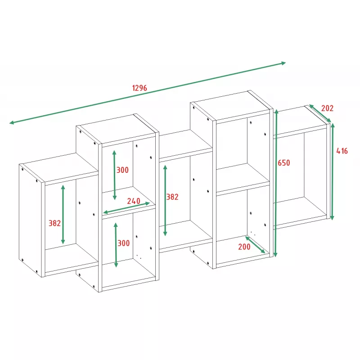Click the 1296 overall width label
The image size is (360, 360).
click(x=139, y=88)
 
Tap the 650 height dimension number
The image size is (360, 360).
click(x=284, y=163)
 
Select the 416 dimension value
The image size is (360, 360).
click(x=342, y=151)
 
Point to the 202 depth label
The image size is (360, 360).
click(x=327, y=108)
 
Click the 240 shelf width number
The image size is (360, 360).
click(x=134, y=201)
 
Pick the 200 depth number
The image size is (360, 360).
click(x=244, y=247)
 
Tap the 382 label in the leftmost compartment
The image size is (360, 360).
click(x=54, y=223)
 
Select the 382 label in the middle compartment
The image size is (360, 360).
click(x=172, y=197)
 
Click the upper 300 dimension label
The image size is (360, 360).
click(x=122, y=170)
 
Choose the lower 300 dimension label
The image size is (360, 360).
click(x=123, y=243)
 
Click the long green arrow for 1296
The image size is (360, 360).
click(x=148, y=93)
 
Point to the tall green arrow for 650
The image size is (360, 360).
click(x=276, y=183)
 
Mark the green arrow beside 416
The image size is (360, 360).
click(x=332, y=171)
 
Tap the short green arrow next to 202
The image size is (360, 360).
click(x=320, y=113)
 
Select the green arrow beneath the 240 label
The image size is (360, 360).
click(x=126, y=208)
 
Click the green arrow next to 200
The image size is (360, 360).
click(x=255, y=245)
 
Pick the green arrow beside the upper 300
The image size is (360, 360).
click(x=114, y=175)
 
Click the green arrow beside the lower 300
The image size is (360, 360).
click(x=116, y=245)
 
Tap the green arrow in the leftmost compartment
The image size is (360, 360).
click(x=63, y=215)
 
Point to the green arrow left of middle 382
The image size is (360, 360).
click(x=165, y=200)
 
